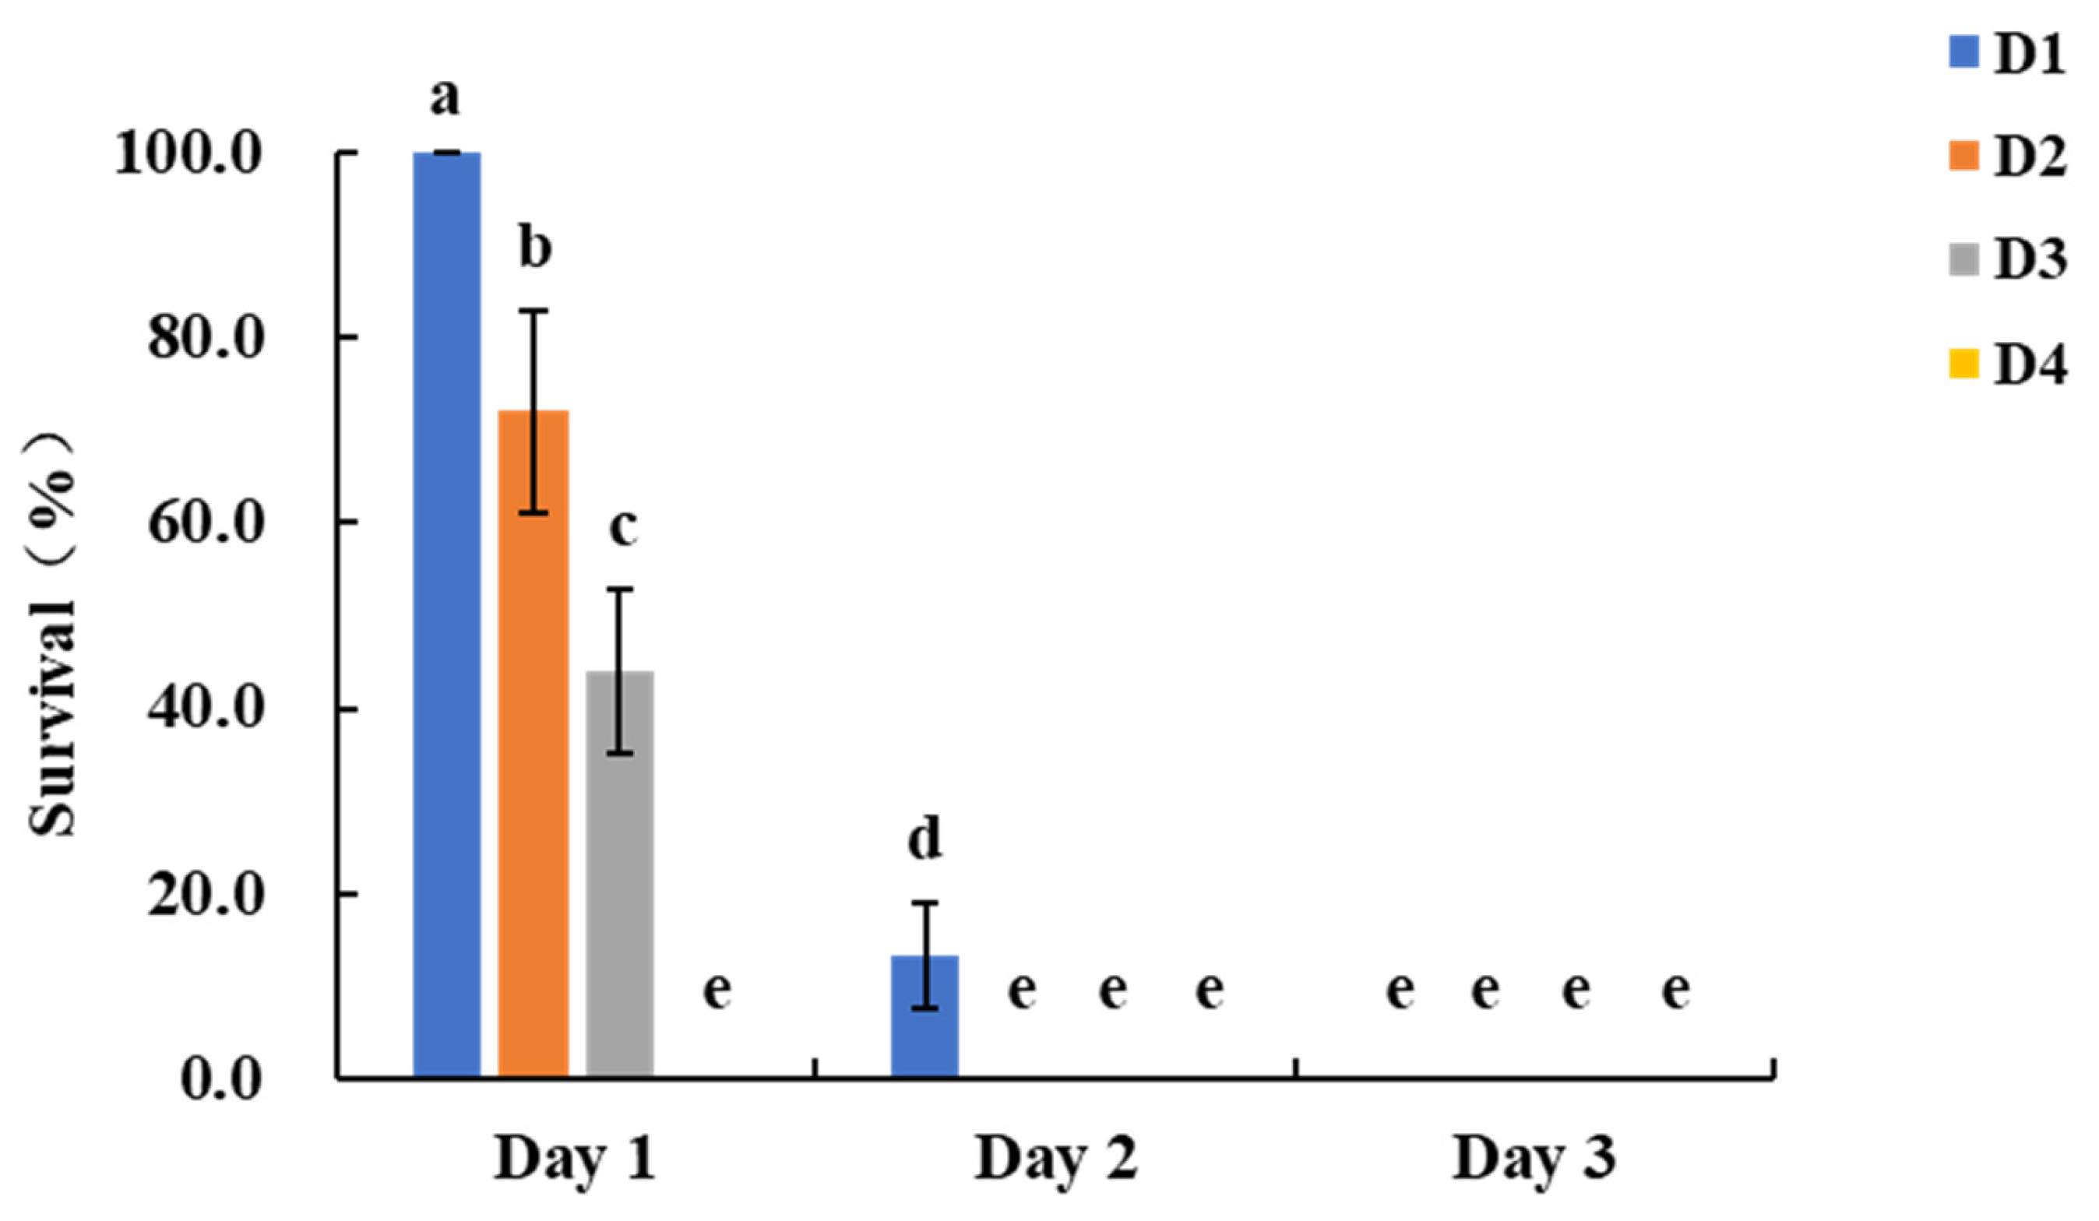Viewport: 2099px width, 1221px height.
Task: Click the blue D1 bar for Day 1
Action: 446,616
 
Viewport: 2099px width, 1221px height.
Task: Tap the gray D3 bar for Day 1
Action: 620,874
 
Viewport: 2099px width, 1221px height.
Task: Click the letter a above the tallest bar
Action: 445,98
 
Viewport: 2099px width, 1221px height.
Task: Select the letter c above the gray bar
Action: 622,526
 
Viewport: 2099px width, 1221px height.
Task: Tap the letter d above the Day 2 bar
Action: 924,839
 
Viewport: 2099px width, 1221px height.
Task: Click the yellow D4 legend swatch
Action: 1963,364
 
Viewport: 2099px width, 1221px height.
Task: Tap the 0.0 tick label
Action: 220,1080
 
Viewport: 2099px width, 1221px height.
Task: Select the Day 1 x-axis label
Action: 575,1159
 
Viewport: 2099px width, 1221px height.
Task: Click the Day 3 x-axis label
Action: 1534,1159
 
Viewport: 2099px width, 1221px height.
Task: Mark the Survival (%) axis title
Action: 51,633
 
